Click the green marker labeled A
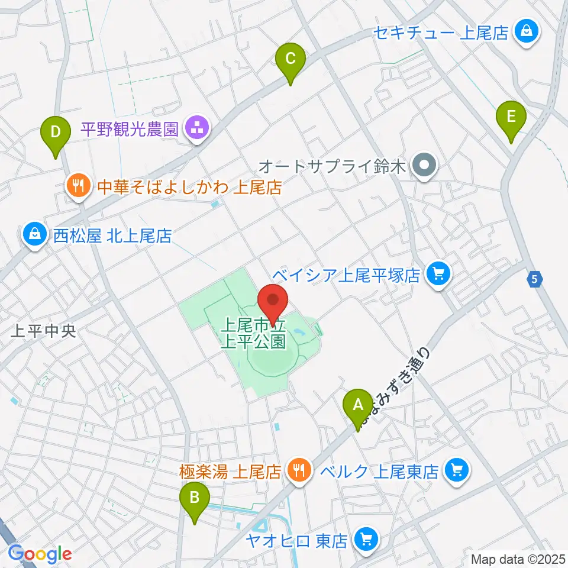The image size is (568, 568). tap(357, 406)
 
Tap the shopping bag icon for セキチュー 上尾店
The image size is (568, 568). tap(525, 30)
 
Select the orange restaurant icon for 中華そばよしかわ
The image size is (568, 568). tap(77, 188)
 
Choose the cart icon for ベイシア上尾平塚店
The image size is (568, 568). tap(438, 275)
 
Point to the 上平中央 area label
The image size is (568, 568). tap(44, 331)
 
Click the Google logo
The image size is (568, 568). tap(40, 554)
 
